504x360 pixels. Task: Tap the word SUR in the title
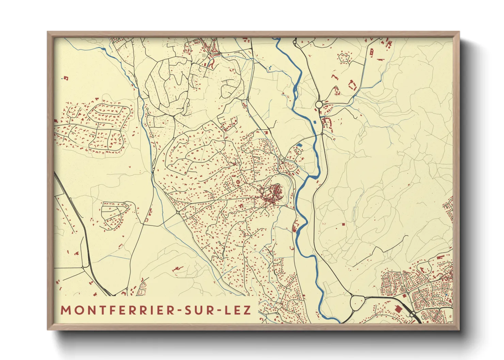[198, 310]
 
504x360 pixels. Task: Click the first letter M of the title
[65, 310]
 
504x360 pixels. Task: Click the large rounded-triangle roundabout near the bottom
[357, 302]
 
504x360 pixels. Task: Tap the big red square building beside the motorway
[397, 308]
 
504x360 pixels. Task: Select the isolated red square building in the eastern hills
[343, 224]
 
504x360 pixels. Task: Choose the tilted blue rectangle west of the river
[299, 145]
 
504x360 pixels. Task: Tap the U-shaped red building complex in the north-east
[352, 84]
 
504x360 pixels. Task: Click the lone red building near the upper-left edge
[65, 78]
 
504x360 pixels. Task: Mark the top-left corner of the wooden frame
[48, 32]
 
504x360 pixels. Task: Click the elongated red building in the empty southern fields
[177, 269]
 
